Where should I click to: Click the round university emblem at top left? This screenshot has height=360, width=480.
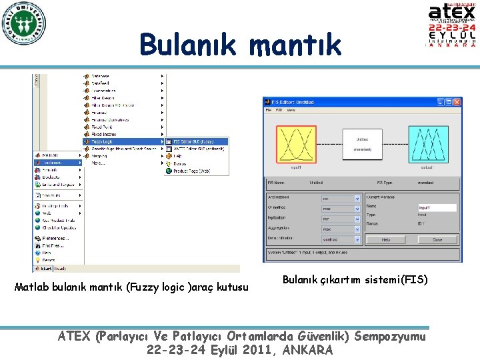click(23, 23)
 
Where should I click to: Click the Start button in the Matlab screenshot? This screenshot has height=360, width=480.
click(44, 269)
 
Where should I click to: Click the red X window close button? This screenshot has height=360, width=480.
click(457, 102)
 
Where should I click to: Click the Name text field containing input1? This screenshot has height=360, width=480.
click(437, 208)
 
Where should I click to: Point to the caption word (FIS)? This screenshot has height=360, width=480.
click(413, 280)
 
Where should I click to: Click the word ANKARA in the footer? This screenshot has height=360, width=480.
click(307, 350)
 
